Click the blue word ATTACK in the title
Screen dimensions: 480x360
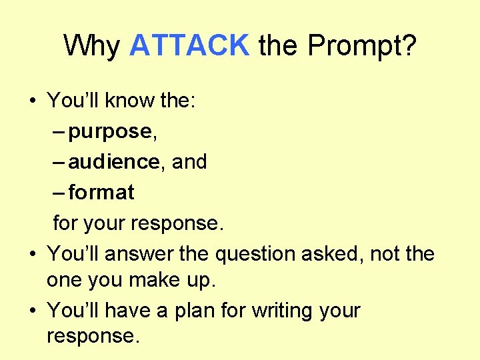click(189, 45)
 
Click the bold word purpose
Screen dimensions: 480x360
click(110, 132)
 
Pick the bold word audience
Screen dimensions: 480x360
click(113, 161)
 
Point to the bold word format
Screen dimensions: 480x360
click(101, 193)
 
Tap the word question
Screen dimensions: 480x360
click(253, 254)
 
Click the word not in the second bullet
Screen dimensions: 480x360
click(385, 254)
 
